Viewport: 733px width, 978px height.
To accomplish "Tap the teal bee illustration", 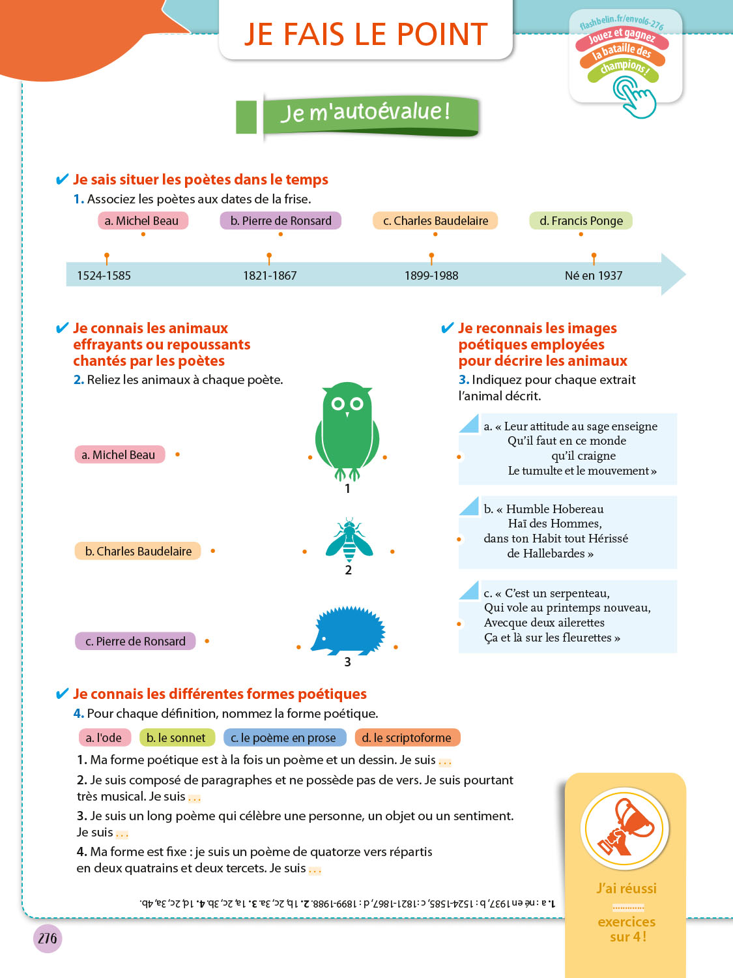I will click(x=349, y=541).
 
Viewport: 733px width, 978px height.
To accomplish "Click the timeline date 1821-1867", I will click(x=270, y=276).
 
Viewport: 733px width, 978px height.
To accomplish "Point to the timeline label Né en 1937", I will click(x=593, y=276).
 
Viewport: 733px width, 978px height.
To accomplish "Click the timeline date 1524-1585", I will click(x=104, y=276).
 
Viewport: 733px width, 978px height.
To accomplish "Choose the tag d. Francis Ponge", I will click(x=581, y=221).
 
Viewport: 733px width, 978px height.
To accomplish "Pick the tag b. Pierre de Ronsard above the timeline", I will click(x=281, y=221).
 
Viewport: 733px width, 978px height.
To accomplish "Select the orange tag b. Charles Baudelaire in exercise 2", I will click(x=138, y=552).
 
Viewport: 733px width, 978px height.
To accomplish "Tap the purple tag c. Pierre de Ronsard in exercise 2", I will click(x=136, y=642).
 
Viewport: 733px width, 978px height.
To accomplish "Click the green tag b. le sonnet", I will click(x=177, y=738).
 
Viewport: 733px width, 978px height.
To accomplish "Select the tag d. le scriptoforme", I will click(x=407, y=738).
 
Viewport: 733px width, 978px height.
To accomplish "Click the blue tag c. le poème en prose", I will click(x=284, y=738).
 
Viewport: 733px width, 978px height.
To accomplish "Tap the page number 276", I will click(x=48, y=939).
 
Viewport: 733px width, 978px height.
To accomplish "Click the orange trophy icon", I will click(x=625, y=827).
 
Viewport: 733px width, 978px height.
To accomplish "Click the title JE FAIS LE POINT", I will click(x=366, y=35).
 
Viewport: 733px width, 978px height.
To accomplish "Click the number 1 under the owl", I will click(x=347, y=489).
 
